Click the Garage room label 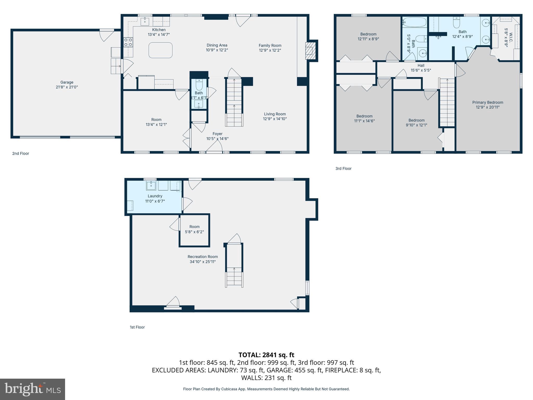[67, 82]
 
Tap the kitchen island [160, 50]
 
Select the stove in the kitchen [128, 42]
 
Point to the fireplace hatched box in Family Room [310, 51]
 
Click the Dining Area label [217, 45]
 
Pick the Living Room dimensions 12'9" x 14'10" [275, 119]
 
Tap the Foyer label [217, 134]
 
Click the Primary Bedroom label [487, 102]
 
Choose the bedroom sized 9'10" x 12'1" [416, 122]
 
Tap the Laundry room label [155, 196]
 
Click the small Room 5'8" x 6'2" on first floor [194, 229]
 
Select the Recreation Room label [202, 257]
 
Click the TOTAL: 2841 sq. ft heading [266, 355]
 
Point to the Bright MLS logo [33, 389]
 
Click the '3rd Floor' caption [343, 168]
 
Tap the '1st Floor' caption [137, 327]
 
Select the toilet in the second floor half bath [199, 85]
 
